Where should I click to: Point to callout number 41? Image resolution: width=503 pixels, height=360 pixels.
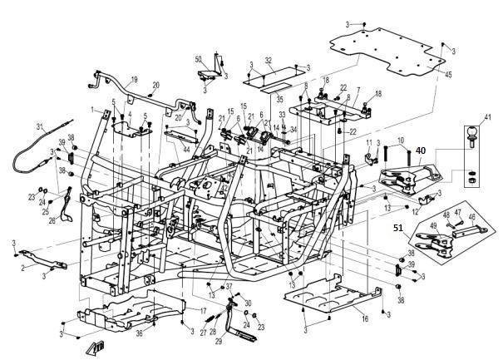[x=488, y=116]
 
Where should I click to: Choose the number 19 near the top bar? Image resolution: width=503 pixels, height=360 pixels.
[x=135, y=78]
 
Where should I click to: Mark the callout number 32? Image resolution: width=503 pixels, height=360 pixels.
[x=269, y=61]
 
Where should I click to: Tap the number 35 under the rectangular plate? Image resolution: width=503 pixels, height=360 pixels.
[x=256, y=98]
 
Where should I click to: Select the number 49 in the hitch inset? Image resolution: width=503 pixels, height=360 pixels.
[x=432, y=224]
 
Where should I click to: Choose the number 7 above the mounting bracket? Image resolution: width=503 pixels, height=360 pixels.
[x=358, y=90]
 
